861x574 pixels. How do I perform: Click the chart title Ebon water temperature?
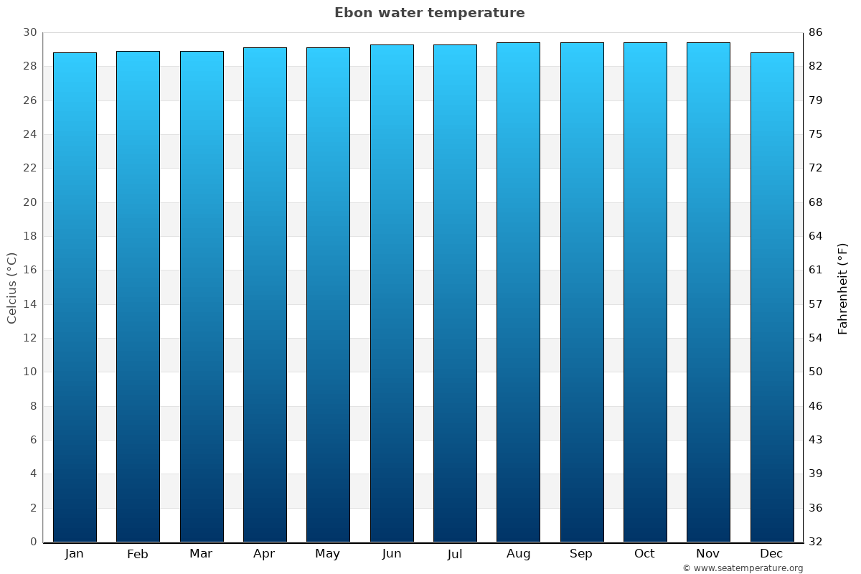429,13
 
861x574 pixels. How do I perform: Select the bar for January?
75,297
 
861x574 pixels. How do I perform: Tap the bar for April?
265,294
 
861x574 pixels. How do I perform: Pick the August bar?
518,292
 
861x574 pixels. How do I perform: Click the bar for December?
772,297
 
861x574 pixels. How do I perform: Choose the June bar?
392,293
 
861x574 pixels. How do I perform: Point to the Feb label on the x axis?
138,554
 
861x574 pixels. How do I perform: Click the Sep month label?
581,554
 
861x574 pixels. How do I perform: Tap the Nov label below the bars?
708,554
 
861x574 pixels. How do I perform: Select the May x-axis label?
328,554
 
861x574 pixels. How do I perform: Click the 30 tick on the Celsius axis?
29,32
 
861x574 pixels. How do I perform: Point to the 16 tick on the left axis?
29,270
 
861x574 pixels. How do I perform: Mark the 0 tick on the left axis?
33,542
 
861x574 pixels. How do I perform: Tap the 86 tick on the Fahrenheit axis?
816,32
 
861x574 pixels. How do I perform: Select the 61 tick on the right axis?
816,270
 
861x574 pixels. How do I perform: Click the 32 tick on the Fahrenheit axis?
816,542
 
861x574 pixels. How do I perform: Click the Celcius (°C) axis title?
12,288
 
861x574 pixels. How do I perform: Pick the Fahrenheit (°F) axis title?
842,288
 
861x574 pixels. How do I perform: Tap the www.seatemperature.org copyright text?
743,568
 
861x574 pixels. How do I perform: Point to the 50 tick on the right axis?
816,372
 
